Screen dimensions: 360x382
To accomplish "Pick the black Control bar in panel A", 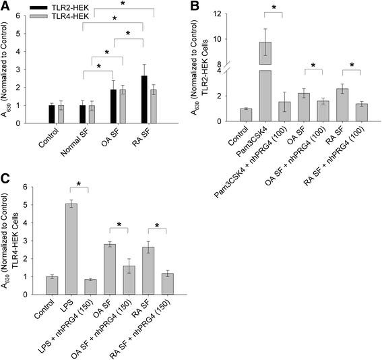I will coord(52,115).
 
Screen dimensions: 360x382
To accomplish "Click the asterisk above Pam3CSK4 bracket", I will coord(276,8).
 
